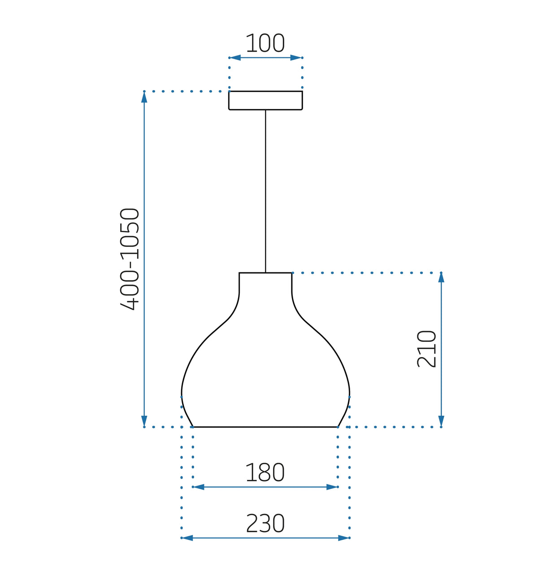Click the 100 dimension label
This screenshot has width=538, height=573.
pyautogui.click(x=265, y=43)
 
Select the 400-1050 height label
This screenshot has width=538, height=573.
pyautogui.click(x=130, y=259)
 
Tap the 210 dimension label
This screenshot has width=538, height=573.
pyautogui.click(x=426, y=349)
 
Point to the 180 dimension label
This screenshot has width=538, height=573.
pyautogui.click(x=265, y=472)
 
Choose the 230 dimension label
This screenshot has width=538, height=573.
pyautogui.click(x=265, y=523)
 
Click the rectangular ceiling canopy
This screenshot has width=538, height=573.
pyautogui.click(x=265, y=100)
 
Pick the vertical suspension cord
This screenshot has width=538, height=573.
pyautogui.click(x=265, y=191)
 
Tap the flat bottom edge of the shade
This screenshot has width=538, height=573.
pyautogui.click(x=265, y=427)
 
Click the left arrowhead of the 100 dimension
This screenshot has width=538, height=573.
pyautogui.click(x=235, y=58)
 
